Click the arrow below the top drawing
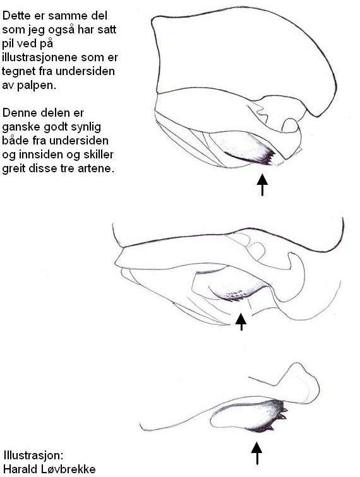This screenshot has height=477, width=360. click(262, 185)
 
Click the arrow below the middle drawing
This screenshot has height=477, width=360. click(241, 322)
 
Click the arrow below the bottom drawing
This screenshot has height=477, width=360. click(257, 453)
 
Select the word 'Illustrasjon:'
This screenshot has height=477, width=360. click(33, 456)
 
